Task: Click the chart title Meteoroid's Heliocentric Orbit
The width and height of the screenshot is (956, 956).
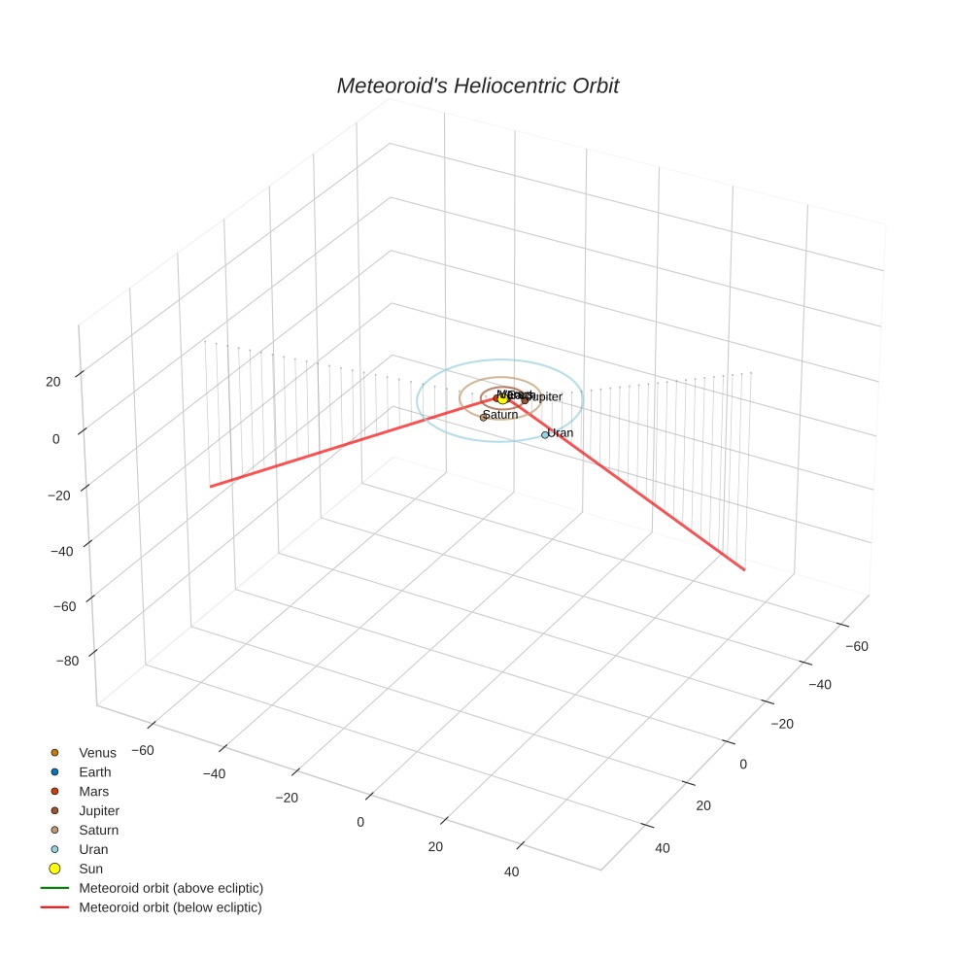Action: pos(477,85)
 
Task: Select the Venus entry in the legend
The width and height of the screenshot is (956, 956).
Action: pos(97,752)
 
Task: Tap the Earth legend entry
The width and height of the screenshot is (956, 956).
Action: pos(95,771)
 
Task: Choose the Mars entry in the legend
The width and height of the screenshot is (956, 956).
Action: pos(94,791)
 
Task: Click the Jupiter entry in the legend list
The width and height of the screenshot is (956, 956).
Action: pos(99,810)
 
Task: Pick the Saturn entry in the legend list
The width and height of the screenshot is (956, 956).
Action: pos(98,830)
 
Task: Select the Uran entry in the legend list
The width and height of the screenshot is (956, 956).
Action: pos(93,849)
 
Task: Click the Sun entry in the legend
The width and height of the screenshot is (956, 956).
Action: pos(90,869)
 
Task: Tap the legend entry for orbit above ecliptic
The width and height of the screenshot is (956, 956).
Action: pos(170,888)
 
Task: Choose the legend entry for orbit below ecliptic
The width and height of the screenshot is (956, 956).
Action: pos(170,907)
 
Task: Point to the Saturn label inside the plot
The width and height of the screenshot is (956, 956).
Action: pos(500,415)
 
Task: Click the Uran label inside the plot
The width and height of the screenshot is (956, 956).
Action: pos(561,432)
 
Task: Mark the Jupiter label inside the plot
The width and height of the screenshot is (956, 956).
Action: pos(544,396)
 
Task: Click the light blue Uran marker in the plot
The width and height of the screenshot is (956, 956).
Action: pos(545,435)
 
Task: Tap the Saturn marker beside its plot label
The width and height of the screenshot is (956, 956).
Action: pos(483,417)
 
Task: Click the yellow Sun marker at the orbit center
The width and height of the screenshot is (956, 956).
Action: pos(502,397)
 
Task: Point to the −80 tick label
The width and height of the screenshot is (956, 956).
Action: pos(67,661)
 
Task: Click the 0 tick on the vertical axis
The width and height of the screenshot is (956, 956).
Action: pos(55,438)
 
